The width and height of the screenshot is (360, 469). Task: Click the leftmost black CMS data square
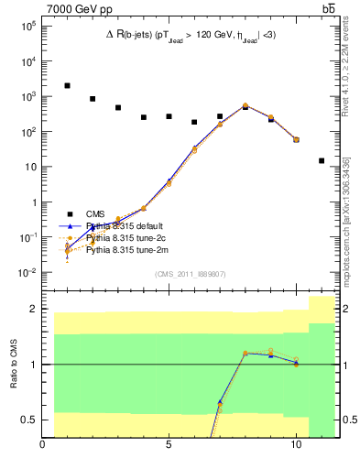point(67,85)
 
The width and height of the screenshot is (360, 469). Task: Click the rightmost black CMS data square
point(322,160)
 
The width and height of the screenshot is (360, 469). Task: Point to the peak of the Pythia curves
point(245,105)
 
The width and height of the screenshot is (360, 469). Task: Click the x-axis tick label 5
point(169,446)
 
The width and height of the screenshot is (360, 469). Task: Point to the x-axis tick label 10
point(295,446)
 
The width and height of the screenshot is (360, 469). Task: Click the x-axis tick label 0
point(43,446)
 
